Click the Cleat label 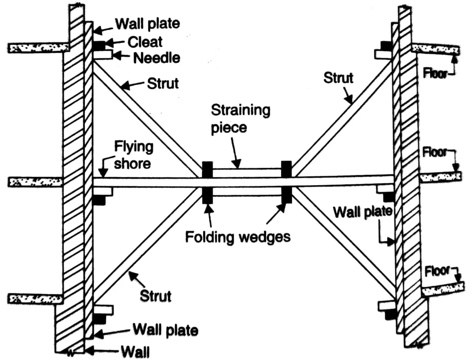click(x=145, y=42)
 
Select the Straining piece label click(x=240, y=118)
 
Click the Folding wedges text click(x=237, y=237)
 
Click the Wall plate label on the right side click(x=363, y=213)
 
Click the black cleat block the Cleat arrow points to click(x=99, y=45)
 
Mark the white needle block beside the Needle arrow click(x=103, y=55)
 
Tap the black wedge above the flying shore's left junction click(x=207, y=169)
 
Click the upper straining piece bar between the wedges click(x=247, y=172)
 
